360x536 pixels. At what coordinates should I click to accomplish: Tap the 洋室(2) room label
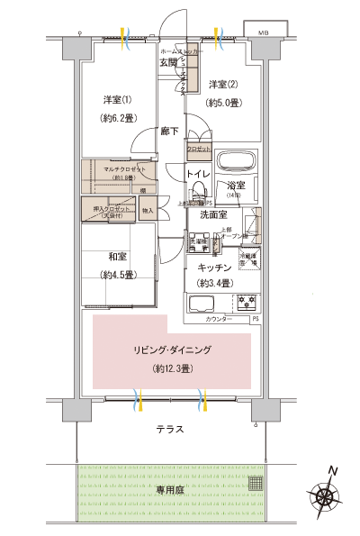tap(221, 85)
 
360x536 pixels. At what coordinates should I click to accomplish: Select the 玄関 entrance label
tap(169, 62)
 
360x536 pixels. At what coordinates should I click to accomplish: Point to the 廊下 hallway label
tap(169, 131)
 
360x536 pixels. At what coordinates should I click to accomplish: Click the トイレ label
tap(198, 174)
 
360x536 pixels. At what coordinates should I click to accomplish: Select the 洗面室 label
tap(213, 215)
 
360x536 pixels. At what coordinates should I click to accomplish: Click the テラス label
tap(168, 430)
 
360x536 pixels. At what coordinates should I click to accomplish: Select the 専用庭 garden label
tap(168, 491)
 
